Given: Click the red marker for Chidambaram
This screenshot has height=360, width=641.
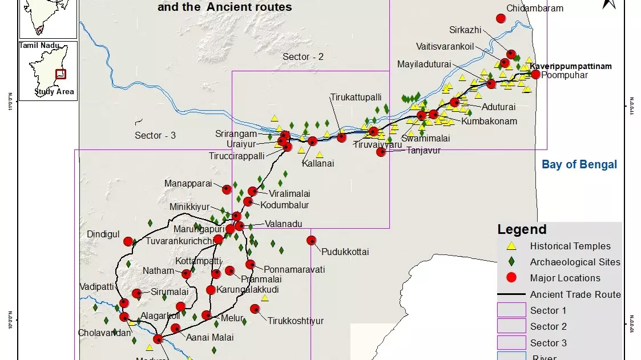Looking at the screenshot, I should [501, 18].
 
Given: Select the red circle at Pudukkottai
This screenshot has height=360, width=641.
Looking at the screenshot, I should [311, 240].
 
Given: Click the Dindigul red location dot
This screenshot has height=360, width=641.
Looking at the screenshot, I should [128, 241].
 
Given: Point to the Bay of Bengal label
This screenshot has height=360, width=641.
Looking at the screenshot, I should [579, 164].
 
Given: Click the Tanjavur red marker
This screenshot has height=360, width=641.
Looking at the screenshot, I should [381, 152].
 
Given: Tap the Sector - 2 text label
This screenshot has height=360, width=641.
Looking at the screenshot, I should [303, 56].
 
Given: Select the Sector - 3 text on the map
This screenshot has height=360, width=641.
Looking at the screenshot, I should [155, 135].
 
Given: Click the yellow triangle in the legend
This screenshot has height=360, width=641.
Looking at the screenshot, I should [511, 246].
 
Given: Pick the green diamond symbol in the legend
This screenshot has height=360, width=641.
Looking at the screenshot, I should [511, 262].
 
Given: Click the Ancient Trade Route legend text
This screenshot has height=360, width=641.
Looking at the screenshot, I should [575, 294].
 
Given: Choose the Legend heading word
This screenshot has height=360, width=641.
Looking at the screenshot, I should [522, 229].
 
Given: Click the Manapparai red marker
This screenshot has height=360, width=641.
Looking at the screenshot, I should [227, 189].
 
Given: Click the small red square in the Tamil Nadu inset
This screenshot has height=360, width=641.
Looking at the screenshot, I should [60, 74].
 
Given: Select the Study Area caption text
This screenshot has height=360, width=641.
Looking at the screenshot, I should [54, 91].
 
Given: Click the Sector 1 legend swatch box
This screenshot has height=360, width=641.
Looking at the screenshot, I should [511, 310].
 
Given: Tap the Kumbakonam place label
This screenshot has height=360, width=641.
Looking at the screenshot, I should [489, 121].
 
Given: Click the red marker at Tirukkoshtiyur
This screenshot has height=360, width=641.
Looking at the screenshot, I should [255, 309].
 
